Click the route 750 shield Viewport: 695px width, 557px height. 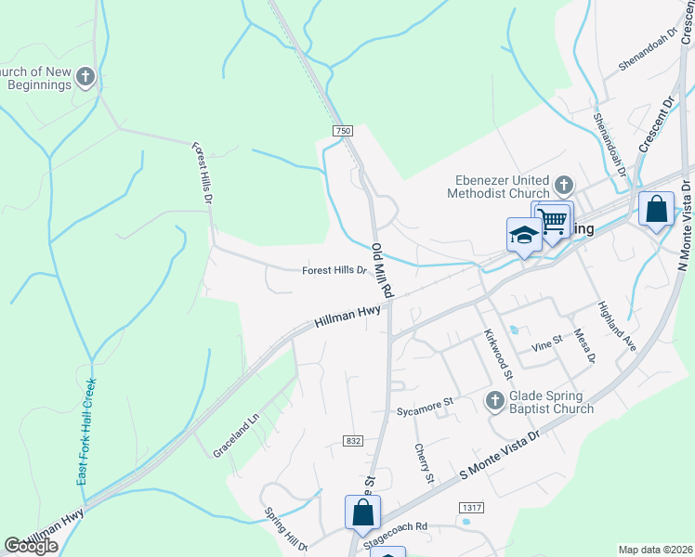click(343, 132)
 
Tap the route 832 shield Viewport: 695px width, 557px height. click(351, 440)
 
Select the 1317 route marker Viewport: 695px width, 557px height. click(471, 506)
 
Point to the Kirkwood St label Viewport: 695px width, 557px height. click(497, 354)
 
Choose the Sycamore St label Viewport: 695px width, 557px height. click(424, 405)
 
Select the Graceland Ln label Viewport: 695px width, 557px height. click(236, 433)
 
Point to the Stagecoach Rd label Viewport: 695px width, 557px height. click(395, 526)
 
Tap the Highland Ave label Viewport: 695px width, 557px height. click(616, 326)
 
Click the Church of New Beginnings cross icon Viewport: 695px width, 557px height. click(85, 76)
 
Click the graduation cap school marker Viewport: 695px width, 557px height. click(523, 235)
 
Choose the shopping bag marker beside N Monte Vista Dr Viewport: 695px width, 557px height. click(656, 210)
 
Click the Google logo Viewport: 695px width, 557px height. click(32, 546)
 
